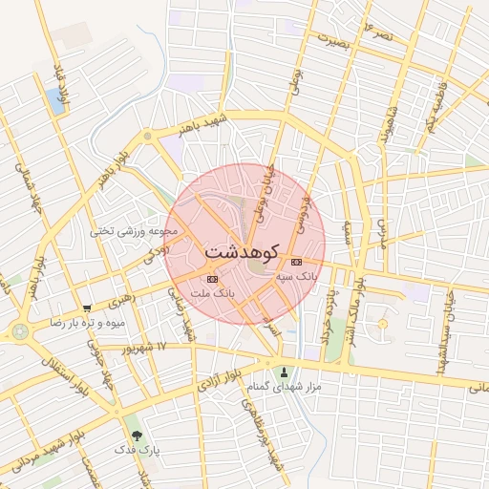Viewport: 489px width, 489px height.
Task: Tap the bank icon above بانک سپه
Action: tap(295, 262)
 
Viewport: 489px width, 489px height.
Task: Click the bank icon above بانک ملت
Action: tap(211, 279)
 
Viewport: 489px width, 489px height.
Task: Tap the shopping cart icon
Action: tap(87, 308)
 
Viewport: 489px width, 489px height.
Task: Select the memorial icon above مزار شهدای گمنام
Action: tap(283, 372)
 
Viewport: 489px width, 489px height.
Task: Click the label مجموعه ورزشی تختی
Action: tap(135, 230)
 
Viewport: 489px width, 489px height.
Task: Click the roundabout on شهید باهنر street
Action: tap(147, 137)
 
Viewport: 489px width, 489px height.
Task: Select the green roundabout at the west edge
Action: tap(19, 331)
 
